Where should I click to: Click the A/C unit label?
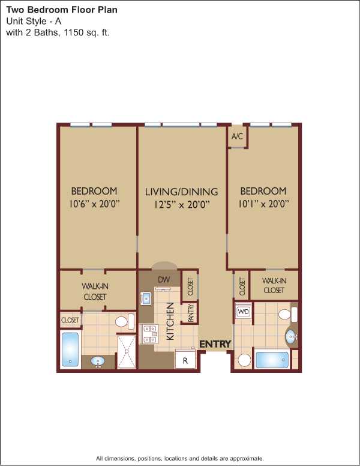(x=237, y=136)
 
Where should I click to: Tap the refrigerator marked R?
(x=185, y=360)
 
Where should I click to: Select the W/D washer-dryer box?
(x=244, y=312)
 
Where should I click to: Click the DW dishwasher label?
(x=164, y=279)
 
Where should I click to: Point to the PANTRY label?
(x=191, y=313)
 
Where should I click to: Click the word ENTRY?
(x=215, y=344)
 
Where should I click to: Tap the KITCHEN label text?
(x=170, y=321)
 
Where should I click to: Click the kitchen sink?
(x=146, y=298)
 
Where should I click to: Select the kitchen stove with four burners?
(x=149, y=334)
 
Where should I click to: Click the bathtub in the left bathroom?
(x=70, y=349)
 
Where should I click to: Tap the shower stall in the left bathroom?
(x=127, y=351)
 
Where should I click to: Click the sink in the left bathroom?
(x=98, y=362)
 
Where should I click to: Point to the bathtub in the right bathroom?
(x=272, y=360)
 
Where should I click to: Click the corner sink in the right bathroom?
(x=292, y=337)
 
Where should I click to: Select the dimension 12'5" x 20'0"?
(x=182, y=205)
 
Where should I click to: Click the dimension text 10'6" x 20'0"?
(x=94, y=204)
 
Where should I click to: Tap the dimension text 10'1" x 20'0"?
(x=264, y=204)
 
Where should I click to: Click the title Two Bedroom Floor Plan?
(x=62, y=10)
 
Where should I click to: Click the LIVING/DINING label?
(x=181, y=192)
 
